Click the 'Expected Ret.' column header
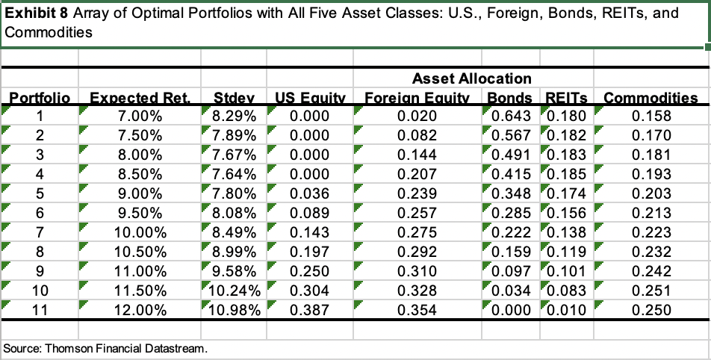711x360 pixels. tap(140, 98)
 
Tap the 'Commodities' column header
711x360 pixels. tap(651, 98)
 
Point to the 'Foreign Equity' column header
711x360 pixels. tap(417, 98)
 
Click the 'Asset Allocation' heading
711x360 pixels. tap(471, 78)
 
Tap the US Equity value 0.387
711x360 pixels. tap(308, 310)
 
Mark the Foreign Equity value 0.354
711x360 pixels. tap(417, 310)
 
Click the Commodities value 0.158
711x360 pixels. tap(651, 116)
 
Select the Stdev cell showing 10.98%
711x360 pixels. tap(234, 310)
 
